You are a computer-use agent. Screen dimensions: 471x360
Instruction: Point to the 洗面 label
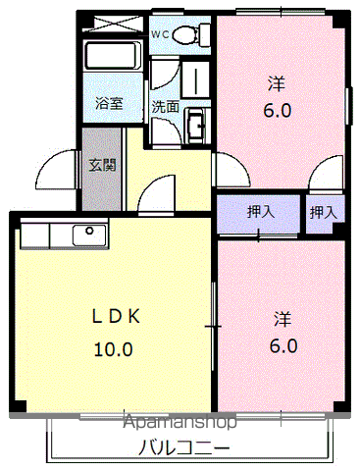pos(163,106)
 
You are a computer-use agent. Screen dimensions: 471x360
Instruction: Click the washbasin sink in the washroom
pos(196,124)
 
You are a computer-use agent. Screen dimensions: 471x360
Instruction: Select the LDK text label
pos(117,316)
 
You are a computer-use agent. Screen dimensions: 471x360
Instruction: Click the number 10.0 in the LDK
pos(113,347)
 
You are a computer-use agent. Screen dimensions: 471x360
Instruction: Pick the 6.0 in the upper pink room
pos(277,111)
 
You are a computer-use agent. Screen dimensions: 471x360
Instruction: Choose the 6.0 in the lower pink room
pos(282,345)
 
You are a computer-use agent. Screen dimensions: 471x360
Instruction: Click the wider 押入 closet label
pos(260,210)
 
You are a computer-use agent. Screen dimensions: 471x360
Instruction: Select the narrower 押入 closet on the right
pos(324,210)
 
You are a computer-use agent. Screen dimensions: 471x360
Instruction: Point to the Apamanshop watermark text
pos(180,424)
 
